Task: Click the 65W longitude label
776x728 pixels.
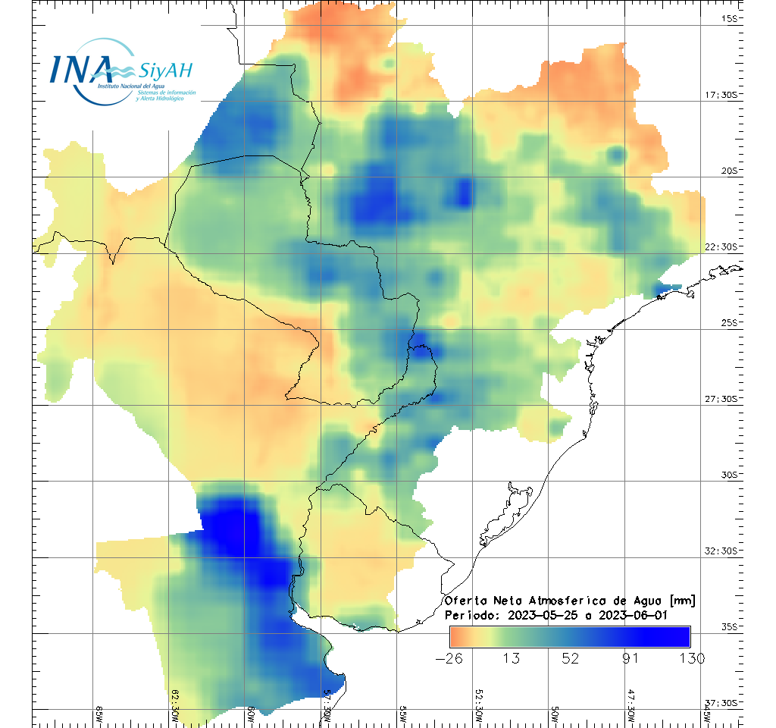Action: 100,714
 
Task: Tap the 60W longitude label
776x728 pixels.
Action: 252,714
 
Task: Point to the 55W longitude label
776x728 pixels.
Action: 403,714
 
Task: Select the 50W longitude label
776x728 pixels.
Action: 555,714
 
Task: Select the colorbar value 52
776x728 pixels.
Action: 571,658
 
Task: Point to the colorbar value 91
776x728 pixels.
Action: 630,658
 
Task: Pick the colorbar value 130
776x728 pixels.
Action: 690,658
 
